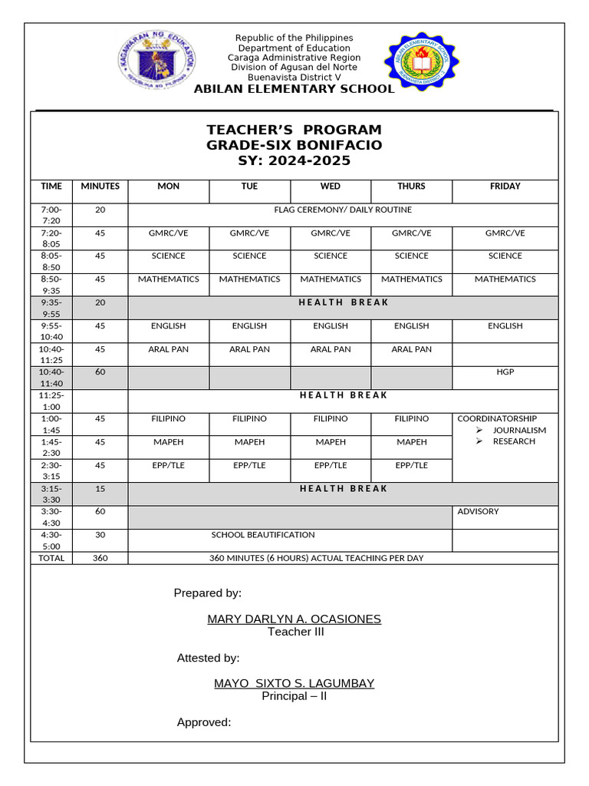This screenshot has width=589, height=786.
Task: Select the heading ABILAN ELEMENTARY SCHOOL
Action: click(x=294, y=89)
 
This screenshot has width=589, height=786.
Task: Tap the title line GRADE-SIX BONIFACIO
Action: click(x=294, y=145)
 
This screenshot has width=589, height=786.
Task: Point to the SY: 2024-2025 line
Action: click(x=294, y=160)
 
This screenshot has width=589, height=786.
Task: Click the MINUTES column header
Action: click(x=100, y=187)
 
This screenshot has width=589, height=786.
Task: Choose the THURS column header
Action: click(x=411, y=187)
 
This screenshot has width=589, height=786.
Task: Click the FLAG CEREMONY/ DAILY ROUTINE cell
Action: click(x=343, y=210)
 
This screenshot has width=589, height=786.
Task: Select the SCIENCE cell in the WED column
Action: click(x=331, y=256)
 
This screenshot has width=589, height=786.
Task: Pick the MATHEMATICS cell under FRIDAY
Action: click(x=505, y=279)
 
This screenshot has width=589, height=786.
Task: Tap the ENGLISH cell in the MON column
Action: click(x=168, y=326)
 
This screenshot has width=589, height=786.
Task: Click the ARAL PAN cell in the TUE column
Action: click(x=249, y=349)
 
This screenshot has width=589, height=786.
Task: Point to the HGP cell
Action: click(x=505, y=372)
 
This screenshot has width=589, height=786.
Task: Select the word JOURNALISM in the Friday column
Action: click(x=519, y=431)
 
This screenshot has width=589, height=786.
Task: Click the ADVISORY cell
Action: click(x=478, y=512)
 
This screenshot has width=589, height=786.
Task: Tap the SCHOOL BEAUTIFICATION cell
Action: click(x=263, y=535)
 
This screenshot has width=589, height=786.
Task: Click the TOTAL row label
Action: click(x=51, y=558)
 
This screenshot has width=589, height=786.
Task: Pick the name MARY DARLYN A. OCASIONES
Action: click(x=294, y=619)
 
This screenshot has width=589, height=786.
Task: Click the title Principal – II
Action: click(x=294, y=696)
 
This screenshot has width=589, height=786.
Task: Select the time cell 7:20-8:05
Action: click(x=51, y=238)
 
